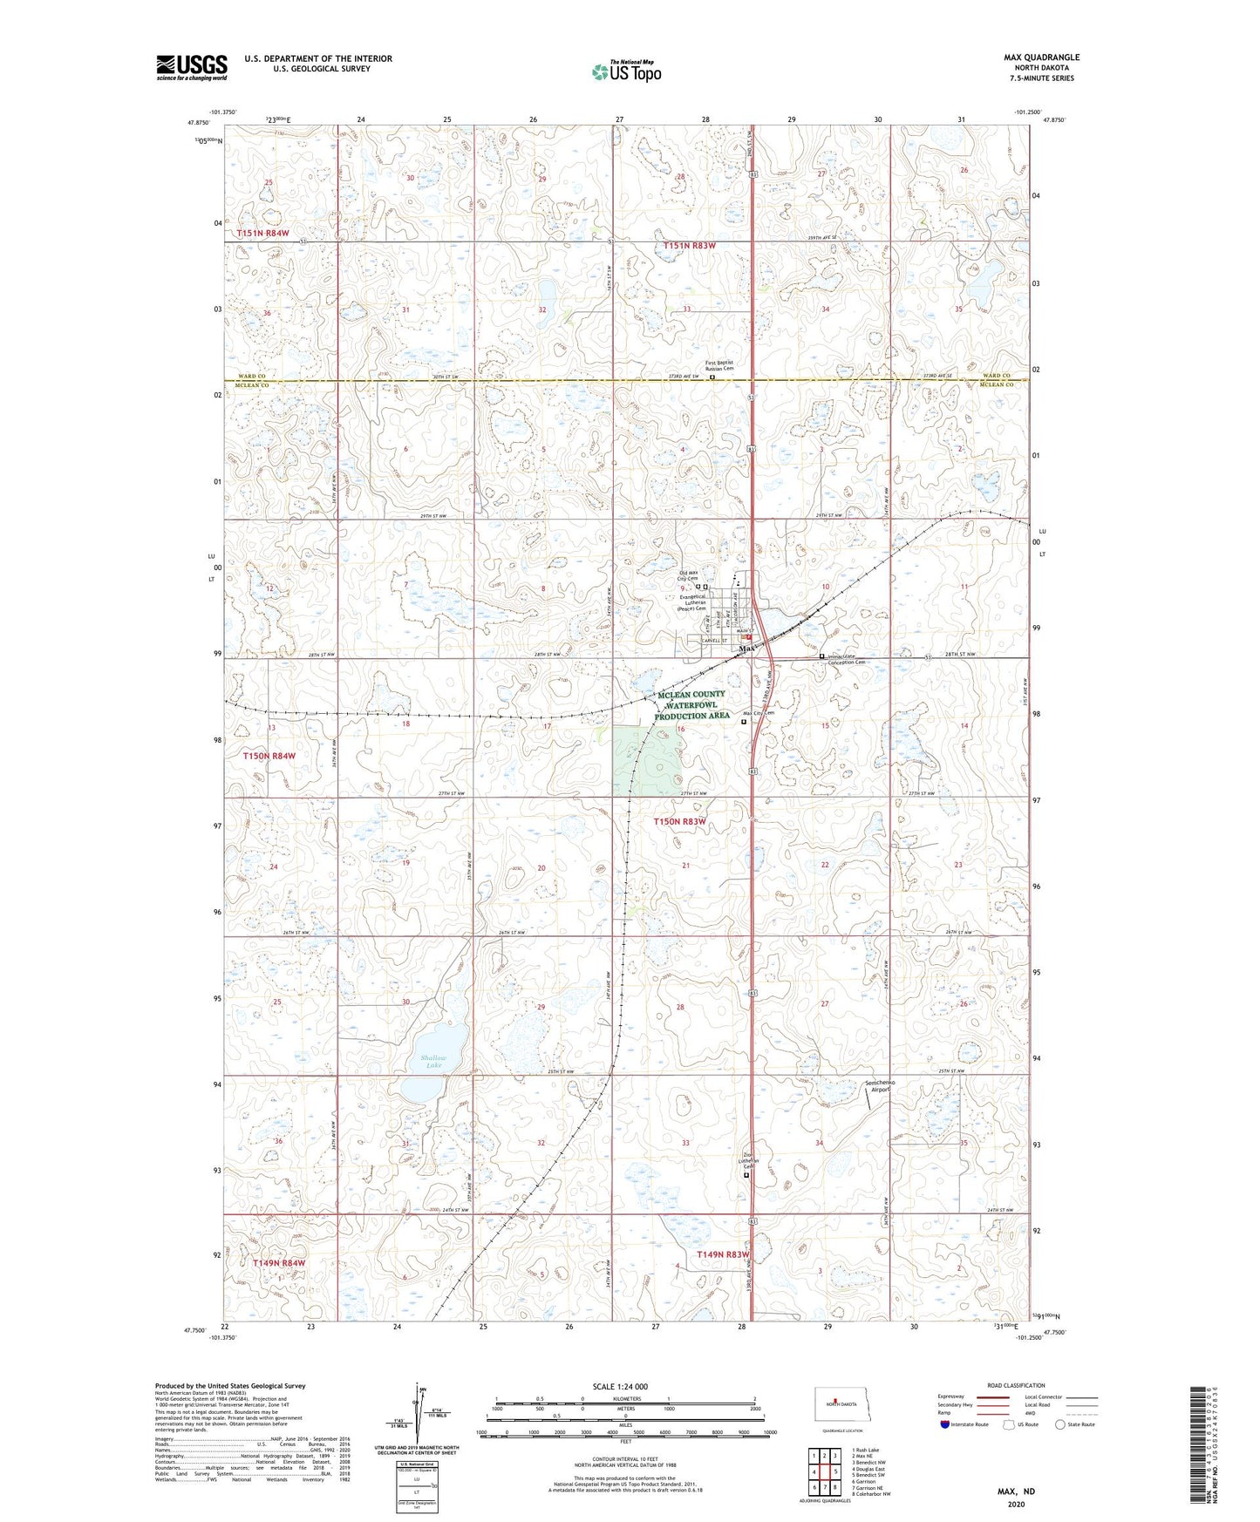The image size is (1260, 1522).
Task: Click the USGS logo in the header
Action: [x=192, y=67]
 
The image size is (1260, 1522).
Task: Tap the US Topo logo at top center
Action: [x=625, y=71]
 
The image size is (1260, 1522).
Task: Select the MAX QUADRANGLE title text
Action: [x=1040, y=58]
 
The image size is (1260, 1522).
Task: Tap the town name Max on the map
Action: [x=746, y=649]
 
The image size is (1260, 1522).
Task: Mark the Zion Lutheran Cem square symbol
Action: [x=746, y=1175]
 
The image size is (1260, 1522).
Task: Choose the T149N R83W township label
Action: [x=723, y=1254]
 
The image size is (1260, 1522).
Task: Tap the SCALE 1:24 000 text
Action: [x=620, y=1387]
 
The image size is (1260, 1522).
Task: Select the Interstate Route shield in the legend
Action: [x=945, y=1424]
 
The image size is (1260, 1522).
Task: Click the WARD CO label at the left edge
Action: [x=252, y=377]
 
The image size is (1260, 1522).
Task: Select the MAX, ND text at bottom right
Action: [x=1016, y=1491]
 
